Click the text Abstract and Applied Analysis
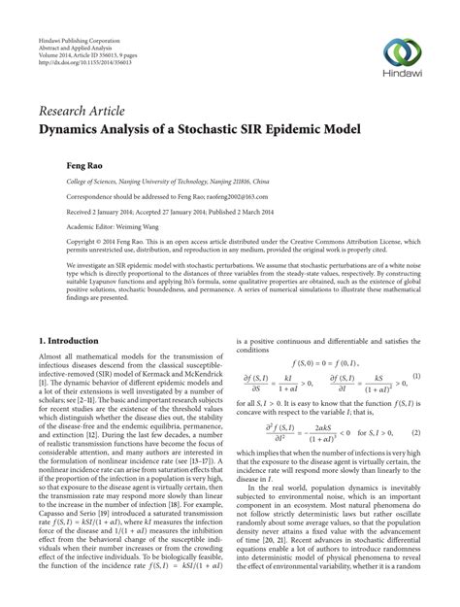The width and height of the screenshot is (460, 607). (75, 23)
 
